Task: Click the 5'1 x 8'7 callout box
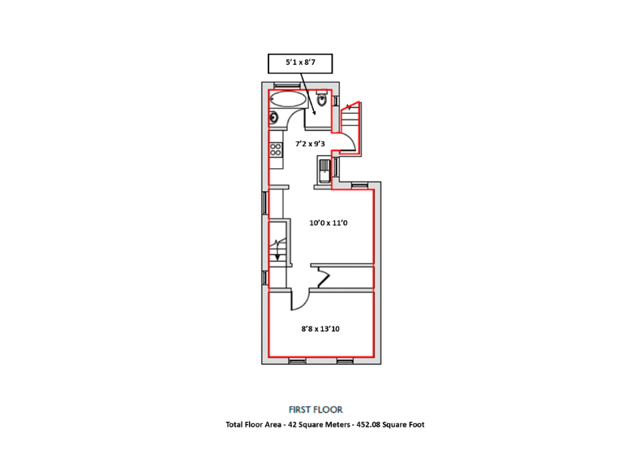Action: click(300, 63)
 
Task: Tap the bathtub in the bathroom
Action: click(288, 101)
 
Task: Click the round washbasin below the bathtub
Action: click(274, 118)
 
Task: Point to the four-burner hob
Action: click(275, 149)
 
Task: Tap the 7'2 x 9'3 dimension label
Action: click(310, 144)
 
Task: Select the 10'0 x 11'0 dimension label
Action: click(328, 222)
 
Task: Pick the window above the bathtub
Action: click(286, 85)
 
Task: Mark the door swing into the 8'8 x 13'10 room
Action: click(299, 301)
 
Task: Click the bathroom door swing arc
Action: click(311, 122)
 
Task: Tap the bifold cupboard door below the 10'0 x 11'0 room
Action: click(322, 279)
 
